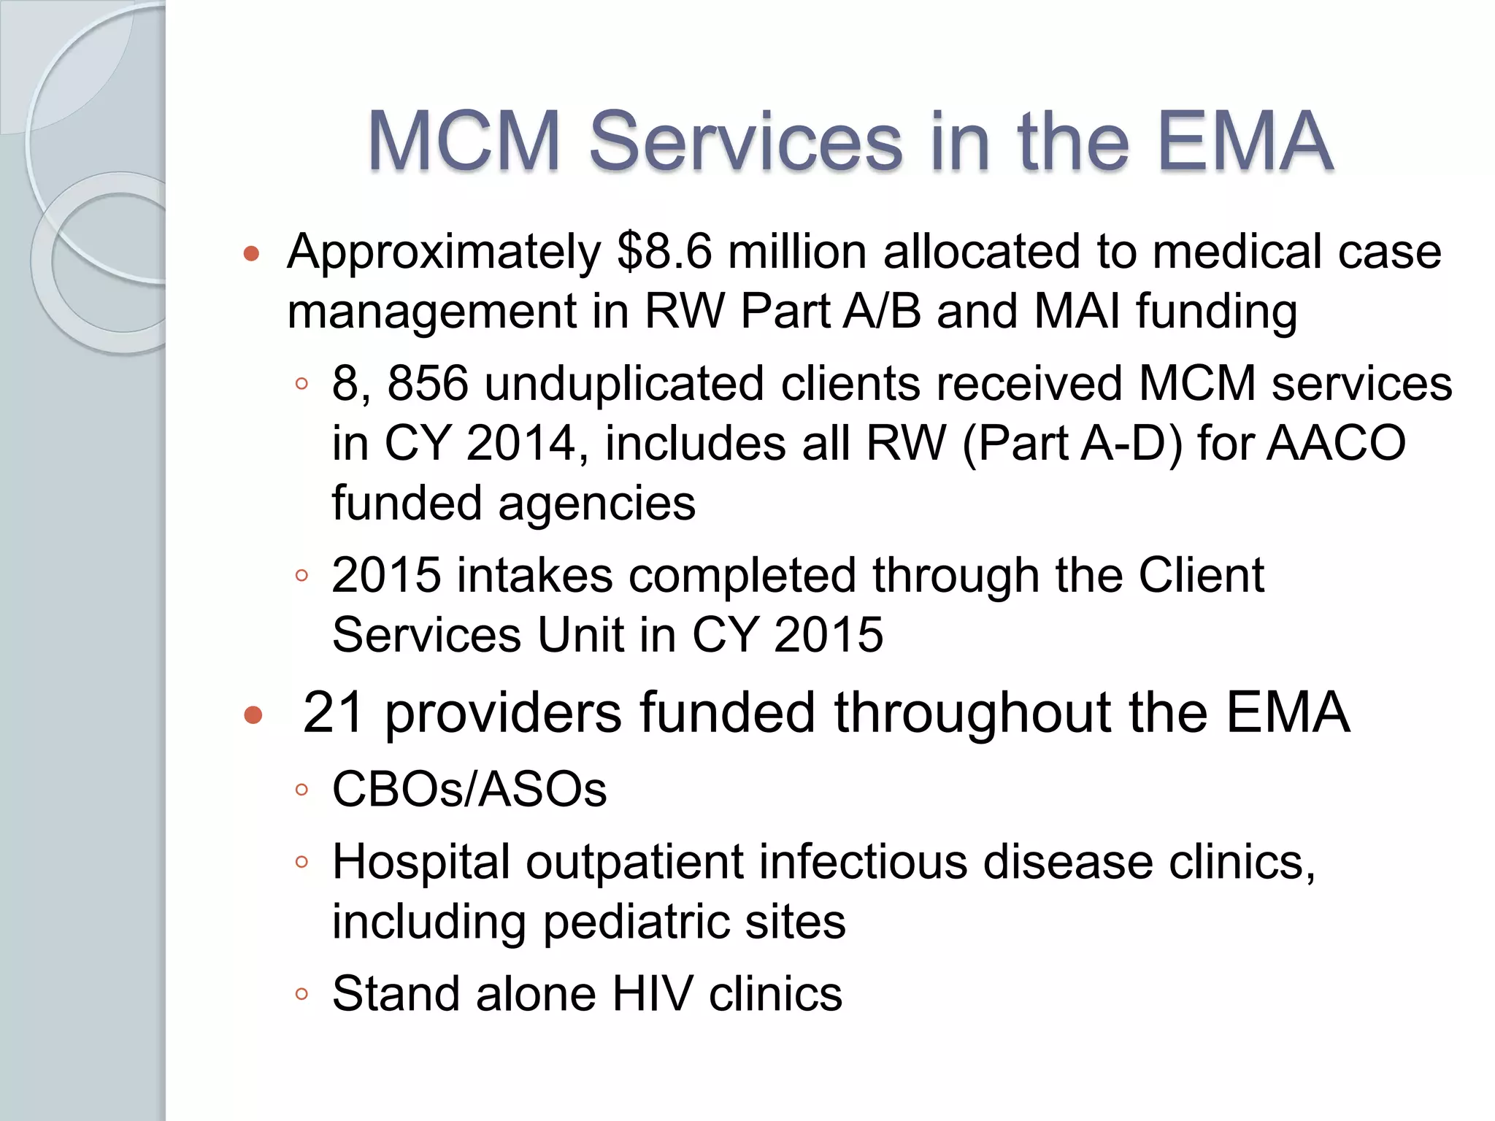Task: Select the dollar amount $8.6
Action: point(664,252)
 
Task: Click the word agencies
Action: point(596,505)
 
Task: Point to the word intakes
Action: point(534,576)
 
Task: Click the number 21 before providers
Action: point(333,712)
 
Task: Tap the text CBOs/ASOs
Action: point(469,790)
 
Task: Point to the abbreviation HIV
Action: point(652,994)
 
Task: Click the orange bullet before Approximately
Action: point(252,254)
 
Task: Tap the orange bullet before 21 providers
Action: point(253,714)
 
